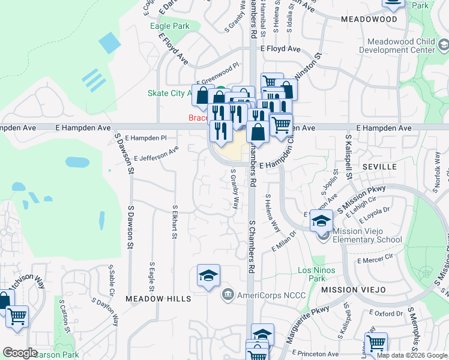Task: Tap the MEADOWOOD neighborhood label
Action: pos(369,19)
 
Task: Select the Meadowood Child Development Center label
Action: pos(402,46)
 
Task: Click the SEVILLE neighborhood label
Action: pos(379,166)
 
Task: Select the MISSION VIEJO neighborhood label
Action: pos(352,289)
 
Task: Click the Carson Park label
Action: pos(56,355)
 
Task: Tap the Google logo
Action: pos(20,353)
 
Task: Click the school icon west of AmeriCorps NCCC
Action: pos(208,275)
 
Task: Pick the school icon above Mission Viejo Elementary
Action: pos(321,221)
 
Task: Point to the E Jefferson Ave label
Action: pos(156,154)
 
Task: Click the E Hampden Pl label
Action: pos(146,138)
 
